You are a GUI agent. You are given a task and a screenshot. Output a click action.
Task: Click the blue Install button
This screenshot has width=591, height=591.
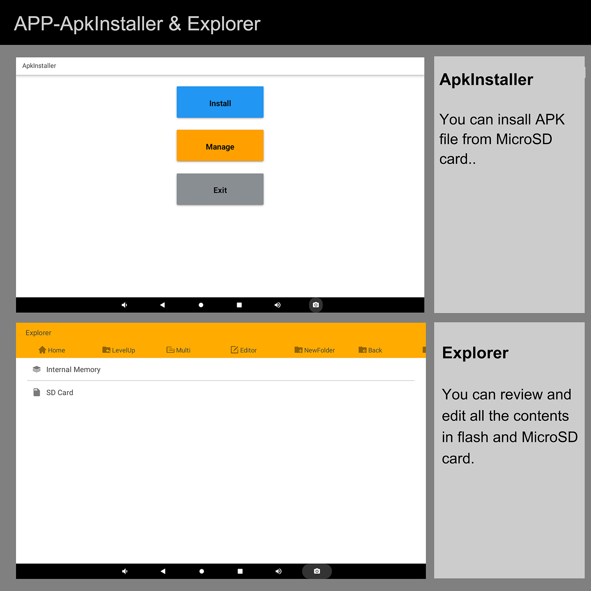(x=220, y=102)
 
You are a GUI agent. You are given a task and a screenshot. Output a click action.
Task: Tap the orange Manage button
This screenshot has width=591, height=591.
(x=220, y=145)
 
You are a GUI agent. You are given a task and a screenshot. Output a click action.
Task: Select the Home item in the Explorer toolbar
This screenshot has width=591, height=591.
(x=52, y=350)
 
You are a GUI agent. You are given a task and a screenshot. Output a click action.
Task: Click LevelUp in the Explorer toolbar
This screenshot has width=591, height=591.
(x=119, y=350)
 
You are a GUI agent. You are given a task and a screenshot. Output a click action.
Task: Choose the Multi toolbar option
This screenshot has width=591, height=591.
(x=178, y=350)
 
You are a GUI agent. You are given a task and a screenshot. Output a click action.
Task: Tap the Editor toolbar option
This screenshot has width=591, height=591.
(x=243, y=350)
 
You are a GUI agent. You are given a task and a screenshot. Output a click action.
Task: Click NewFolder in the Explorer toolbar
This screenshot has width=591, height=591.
(x=314, y=350)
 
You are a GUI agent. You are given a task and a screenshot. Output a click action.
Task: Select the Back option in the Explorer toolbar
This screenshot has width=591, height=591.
(x=370, y=350)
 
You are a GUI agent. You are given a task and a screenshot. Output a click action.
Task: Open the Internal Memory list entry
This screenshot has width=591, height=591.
(x=66, y=369)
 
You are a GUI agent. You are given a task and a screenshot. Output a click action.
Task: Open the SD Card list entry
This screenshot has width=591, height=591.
(x=53, y=392)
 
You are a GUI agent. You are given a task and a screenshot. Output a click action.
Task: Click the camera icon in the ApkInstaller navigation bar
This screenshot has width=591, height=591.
(x=316, y=305)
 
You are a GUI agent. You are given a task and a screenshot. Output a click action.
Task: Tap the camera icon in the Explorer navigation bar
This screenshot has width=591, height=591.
(x=317, y=571)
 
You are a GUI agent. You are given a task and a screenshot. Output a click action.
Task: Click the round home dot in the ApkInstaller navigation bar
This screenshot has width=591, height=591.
(x=201, y=305)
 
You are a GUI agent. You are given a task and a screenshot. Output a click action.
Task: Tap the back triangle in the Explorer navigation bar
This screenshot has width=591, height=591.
(x=163, y=571)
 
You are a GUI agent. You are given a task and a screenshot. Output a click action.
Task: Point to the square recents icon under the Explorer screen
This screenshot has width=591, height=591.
(x=240, y=571)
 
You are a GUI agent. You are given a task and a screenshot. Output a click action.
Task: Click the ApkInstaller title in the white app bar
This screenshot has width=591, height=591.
(x=39, y=66)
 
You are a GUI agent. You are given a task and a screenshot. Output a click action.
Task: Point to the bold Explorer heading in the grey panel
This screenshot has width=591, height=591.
(x=475, y=353)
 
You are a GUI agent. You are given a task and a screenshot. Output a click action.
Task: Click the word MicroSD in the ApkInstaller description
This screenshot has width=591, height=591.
(x=524, y=139)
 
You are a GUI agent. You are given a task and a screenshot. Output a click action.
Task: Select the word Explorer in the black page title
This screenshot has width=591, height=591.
(x=224, y=24)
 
